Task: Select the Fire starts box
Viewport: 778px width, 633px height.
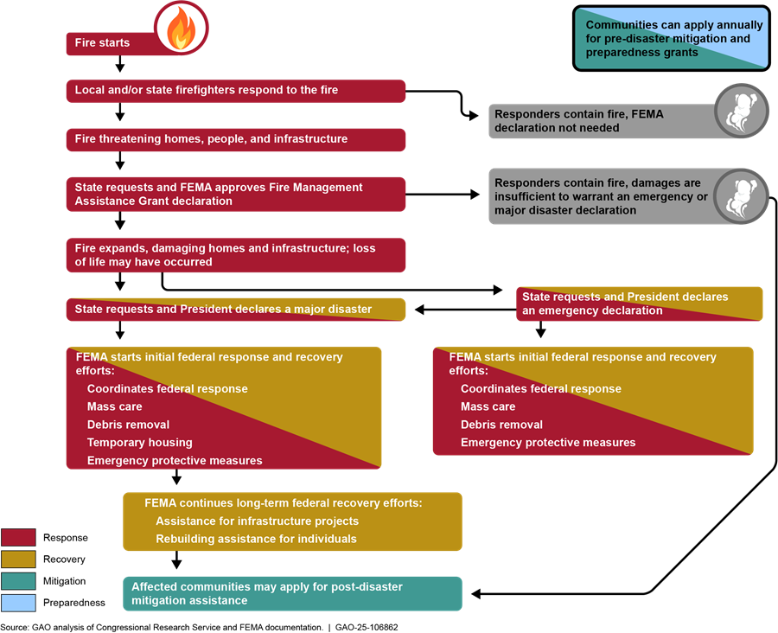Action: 108,43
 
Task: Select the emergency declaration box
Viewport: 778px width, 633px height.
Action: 639,304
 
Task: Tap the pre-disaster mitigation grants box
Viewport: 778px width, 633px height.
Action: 670,39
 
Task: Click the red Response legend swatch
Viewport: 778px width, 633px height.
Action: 18,538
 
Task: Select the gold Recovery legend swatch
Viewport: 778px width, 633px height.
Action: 18,559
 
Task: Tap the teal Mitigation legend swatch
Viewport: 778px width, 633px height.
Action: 18,581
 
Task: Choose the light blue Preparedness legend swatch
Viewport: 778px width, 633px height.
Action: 18,602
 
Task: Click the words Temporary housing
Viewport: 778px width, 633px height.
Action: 139,443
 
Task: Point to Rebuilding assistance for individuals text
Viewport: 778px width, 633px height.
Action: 256,539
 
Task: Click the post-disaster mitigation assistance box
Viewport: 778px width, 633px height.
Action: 292,593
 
